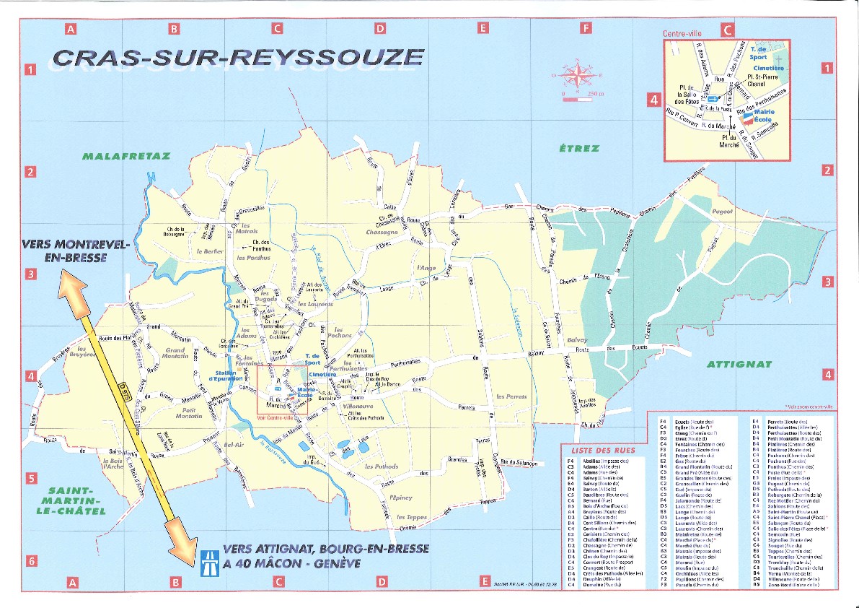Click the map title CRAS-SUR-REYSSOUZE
(x=238, y=58)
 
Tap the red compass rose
(x=575, y=74)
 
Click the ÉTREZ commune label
(x=579, y=149)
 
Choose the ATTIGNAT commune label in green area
(x=739, y=364)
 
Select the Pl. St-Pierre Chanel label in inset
(x=763, y=79)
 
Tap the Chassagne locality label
(x=380, y=233)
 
